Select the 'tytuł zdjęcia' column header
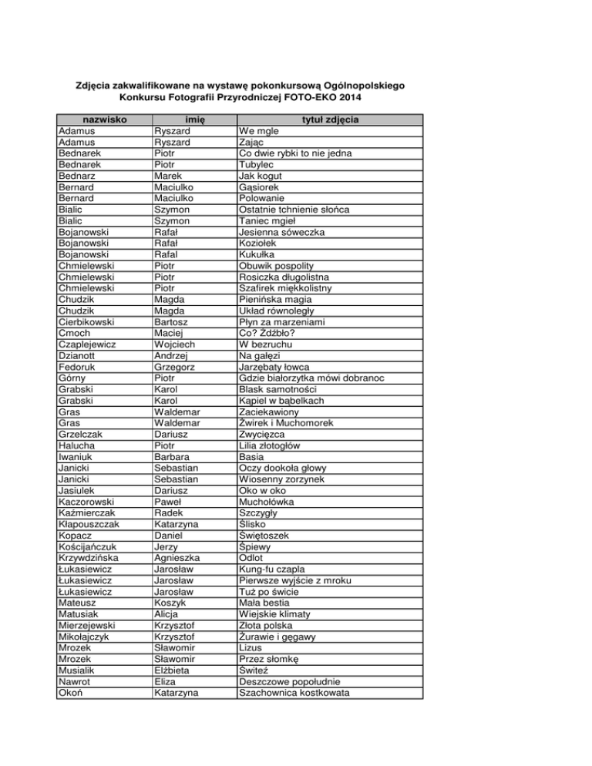click(x=329, y=120)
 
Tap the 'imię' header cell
click(x=192, y=120)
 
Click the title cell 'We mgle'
click(x=254, y=132)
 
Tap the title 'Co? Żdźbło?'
click(x=267, y=311)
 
